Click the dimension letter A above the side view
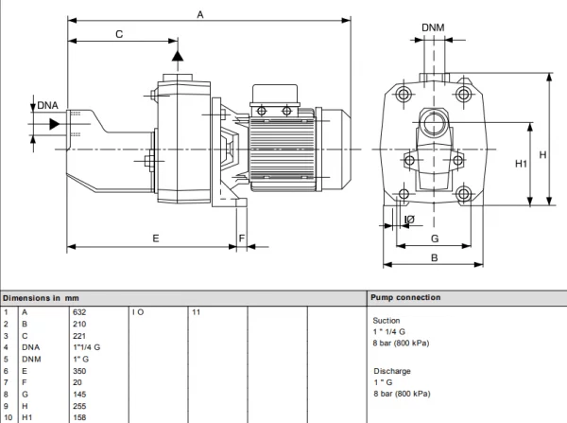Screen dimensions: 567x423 pyautogui.click(x=200, y=15)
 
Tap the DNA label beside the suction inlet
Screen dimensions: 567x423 pyautogui.click(x=48, y=105)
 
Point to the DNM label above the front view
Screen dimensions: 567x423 pyautogui.click(x=433, y=27)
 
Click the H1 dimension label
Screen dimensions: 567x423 pyautogui.click(x=521, y=164)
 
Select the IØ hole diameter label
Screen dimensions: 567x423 pyautogui.click(x=409, y=220)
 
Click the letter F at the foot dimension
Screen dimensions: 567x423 pyautogui.click(x=242, y=238)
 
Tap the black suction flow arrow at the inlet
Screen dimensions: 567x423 pyautogui.click(x=55, y=124)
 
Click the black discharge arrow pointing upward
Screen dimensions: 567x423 pyautogui.click(x=178, y=56)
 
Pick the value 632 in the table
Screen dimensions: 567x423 pyautogui.click(x=79, y=312)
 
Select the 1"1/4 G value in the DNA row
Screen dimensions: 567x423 pyautogui.click(x=87, y=347)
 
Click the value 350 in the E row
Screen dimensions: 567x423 pyautogui.click(x=79, y=371)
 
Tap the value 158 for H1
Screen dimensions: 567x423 pyautogui.click(x=79, y=417)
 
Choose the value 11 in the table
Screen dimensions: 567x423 pyautogui.click(x=196, y=312)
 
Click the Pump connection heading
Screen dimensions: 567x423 pyautogui.click(x=405, y=298)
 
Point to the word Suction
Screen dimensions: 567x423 pyautogui.click(x=387, y=321)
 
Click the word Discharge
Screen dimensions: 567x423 pyautogui.click(x=392, y=371)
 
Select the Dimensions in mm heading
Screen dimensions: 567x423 pyautogui.click(x=41, y=298)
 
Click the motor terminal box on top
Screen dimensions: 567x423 pyautogui.click(x=275, y=94)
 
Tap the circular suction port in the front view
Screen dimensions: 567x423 pyautogui.click(x=434, y=123)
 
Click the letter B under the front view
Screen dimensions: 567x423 pyautogui.click(x=435, y=257)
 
